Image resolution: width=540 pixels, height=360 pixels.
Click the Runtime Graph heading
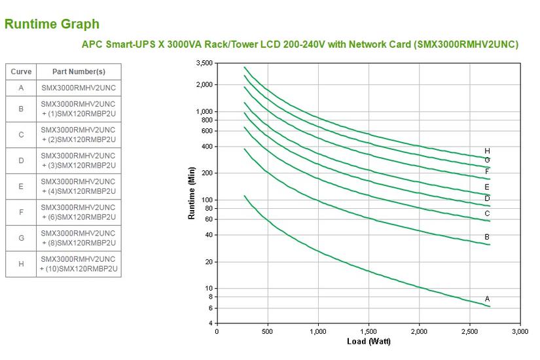[x=52, y=24]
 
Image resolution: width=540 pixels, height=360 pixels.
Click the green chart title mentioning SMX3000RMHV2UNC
[x=300, y=45]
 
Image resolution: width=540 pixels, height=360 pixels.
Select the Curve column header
[x=21, y=71]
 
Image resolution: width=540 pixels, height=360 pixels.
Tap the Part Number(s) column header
[x=79, y=71]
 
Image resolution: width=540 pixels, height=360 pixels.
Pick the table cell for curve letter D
[x=21, y=160]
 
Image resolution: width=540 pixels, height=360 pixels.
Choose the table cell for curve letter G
[x=21, y=238]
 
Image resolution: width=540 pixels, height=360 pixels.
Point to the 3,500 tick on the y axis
[x=204, y=63]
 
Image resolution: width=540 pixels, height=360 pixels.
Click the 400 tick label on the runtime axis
[x=207, y=147]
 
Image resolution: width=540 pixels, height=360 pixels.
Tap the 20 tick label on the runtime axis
[x=208, y=262]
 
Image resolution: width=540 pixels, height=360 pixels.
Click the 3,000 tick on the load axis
[x=520, y=332]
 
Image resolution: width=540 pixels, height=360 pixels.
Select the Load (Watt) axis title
[x=369, y=342]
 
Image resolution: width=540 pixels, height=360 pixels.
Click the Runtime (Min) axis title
[x=192, y=193]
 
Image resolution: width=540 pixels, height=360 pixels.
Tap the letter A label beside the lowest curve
[x=487, y=299]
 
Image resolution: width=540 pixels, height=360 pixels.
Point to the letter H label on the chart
[x=487, y=151]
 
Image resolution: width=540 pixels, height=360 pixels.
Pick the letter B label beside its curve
[x=487, y=237]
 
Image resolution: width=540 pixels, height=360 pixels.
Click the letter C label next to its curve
[x=487, y=213]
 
